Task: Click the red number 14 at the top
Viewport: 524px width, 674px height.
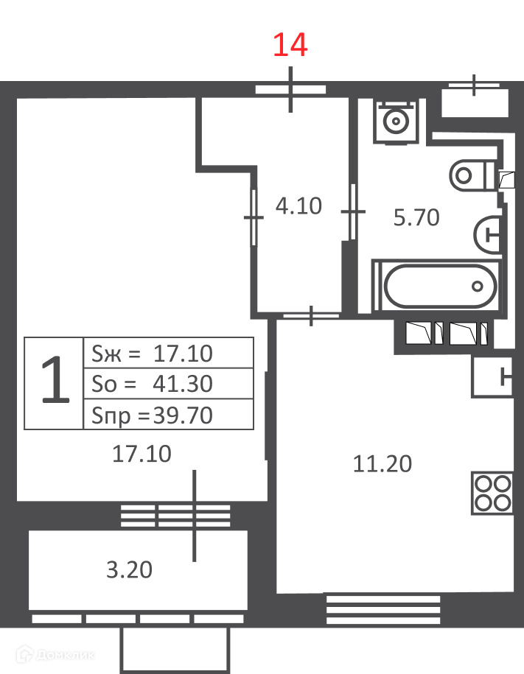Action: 290,45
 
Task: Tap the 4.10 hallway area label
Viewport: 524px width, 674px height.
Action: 298,206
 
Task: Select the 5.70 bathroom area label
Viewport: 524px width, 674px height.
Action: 416,217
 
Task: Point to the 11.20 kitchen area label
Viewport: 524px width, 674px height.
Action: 382,464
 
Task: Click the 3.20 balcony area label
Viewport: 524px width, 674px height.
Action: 129,570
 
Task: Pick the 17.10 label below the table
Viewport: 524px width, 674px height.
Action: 142,454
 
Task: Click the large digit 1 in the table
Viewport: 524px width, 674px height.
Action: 55,380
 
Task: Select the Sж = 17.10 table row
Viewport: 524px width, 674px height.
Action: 168,354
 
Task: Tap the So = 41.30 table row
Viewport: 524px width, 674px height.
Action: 168,384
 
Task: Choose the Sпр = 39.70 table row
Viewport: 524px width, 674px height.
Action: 168,415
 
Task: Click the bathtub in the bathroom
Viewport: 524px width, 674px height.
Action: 440,286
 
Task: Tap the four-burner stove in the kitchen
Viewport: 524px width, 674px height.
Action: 492,493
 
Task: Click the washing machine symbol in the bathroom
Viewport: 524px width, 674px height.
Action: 396,122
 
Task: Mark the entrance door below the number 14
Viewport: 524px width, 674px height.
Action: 291,89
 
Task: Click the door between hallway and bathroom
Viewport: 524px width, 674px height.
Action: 353,211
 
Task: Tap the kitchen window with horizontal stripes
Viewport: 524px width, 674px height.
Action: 383,609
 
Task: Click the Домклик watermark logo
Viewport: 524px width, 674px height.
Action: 55,655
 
